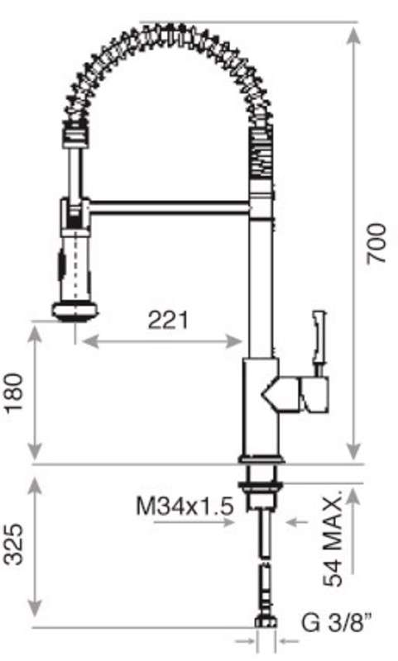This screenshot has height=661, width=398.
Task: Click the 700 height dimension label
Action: click(x=376, y=243)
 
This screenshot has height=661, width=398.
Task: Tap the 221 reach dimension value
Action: click(x=168, y=320)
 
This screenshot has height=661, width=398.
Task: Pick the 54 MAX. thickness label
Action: click(x=333, y=541)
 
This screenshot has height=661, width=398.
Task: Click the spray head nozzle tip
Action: click(x=74, y=311)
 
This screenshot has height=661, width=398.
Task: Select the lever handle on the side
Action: click(x=319, y=339)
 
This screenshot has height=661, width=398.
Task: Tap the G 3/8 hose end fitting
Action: click(x=264, y=621)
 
